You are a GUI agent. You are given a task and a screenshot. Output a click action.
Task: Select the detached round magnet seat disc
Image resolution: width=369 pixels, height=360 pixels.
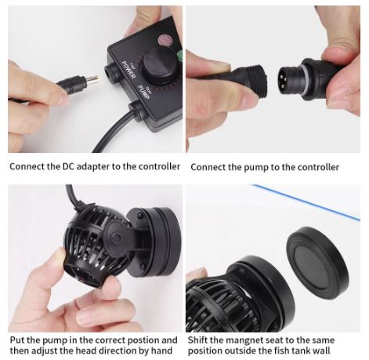(317, 260)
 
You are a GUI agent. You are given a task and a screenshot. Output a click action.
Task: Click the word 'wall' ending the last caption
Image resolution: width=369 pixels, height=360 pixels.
(342, 351)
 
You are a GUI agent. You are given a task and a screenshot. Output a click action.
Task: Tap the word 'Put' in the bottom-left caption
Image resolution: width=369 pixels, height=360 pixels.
(17, 340)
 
